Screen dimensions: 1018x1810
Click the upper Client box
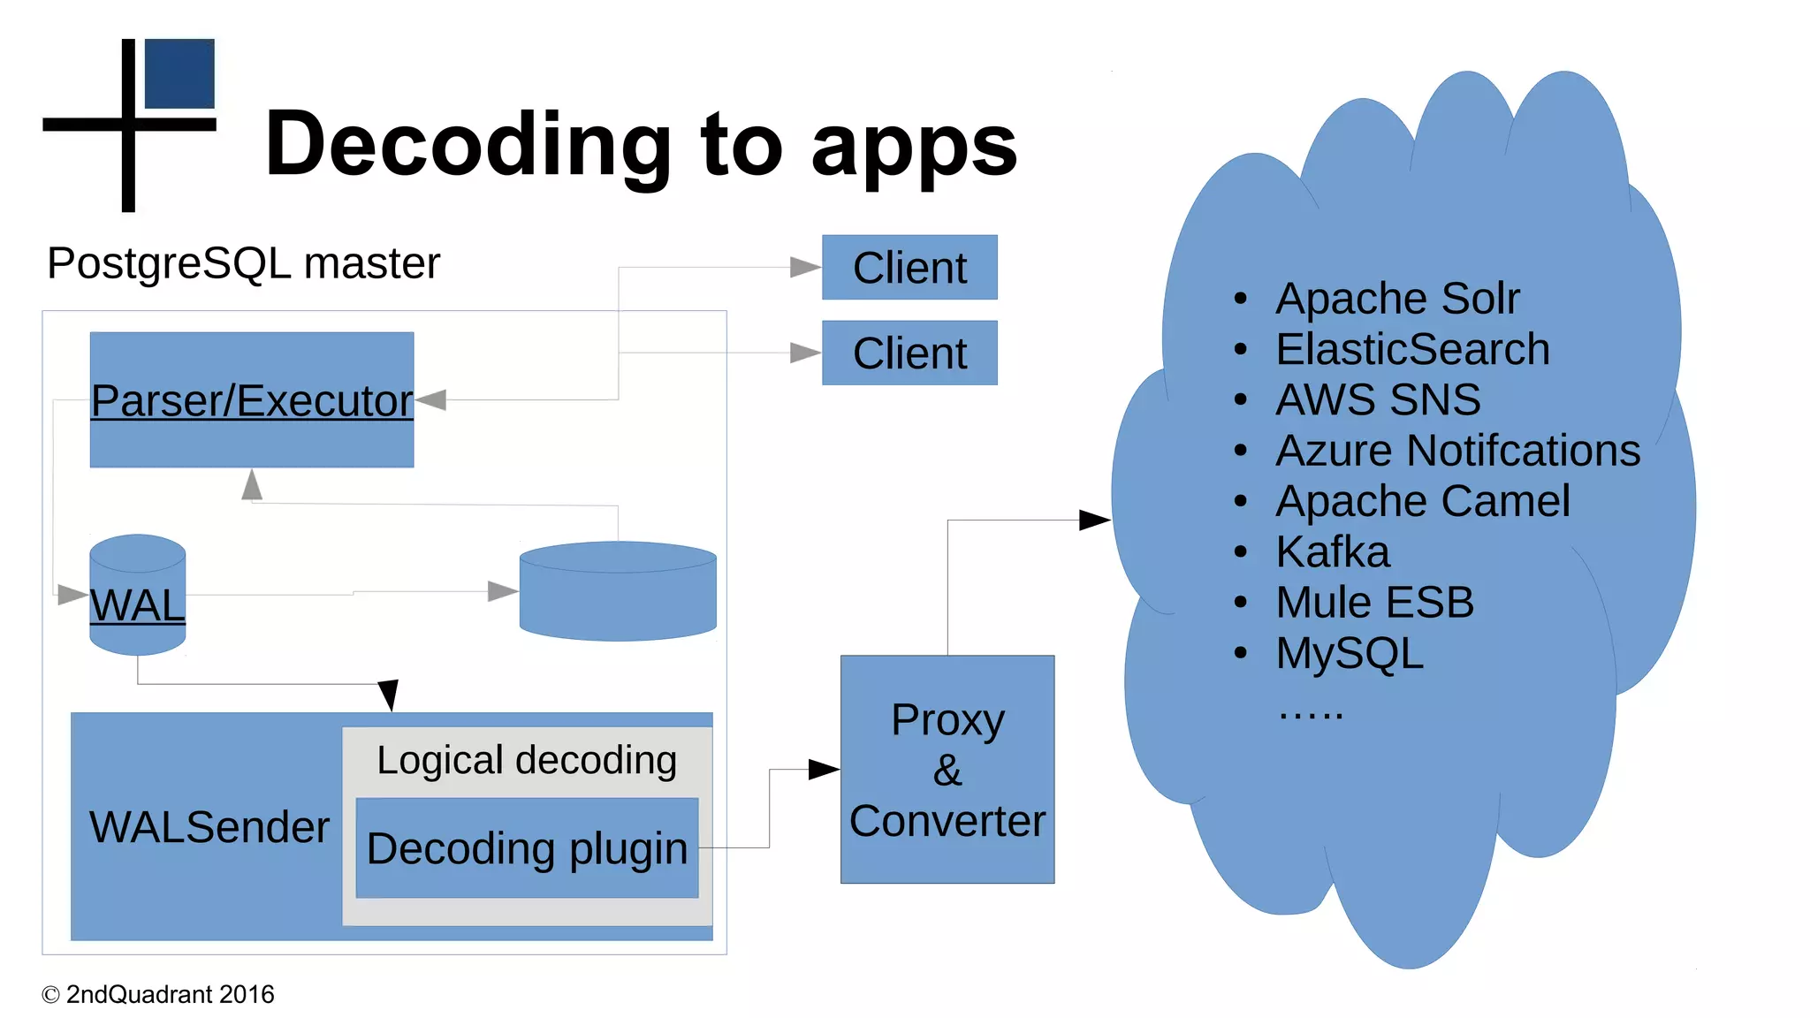pos(909,267)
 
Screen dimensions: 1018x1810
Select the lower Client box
pos(909,353)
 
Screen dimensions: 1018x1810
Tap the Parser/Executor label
pos(252,400)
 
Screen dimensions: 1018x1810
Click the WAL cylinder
pos(138,595)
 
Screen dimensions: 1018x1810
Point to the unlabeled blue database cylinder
pos(618,591)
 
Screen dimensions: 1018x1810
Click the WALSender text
pos(209,827)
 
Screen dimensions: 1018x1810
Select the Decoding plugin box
pos(527,848)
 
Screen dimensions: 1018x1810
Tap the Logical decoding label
pos(527,760)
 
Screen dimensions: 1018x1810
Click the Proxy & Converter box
pos(947,769)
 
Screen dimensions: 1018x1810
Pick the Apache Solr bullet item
pos(1397,298)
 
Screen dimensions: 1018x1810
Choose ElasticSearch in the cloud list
pos(1412,349)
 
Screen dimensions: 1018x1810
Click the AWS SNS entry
pos(1378,399)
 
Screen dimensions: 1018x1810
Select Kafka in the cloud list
pos(1333,551)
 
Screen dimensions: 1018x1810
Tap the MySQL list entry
pos(1350,653)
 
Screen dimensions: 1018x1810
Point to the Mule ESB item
pos(1375,603)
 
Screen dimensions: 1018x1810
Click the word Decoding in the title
pos(468,144)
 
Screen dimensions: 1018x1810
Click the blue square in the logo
pos(179,73)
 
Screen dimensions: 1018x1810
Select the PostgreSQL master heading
pos(243,263)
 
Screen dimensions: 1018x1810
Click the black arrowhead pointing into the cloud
pos(1095,520)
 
